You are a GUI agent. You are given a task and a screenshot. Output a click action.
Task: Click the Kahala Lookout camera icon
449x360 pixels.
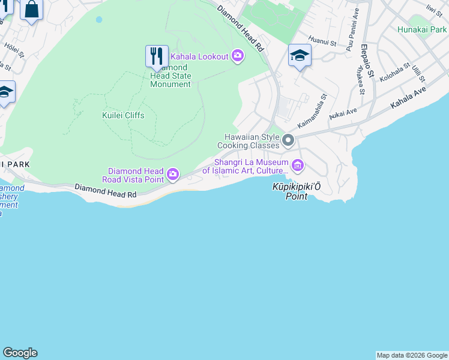(x=238, y=56)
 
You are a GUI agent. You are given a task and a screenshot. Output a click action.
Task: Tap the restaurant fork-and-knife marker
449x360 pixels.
(x=157, y=56)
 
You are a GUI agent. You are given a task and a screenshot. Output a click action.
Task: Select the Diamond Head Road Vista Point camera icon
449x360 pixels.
(x=173, y=175)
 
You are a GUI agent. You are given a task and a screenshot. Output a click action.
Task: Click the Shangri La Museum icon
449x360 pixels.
(x=297, y=165)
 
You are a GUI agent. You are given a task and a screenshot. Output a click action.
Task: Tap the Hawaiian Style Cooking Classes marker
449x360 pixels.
(x=288, y=141)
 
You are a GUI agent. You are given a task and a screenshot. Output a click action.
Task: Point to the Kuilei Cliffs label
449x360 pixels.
(x=123, y=115)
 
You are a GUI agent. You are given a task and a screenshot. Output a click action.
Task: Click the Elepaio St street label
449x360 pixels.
(x=367, y=61)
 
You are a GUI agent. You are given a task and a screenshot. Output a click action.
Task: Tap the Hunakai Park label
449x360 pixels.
(x=422, y=29)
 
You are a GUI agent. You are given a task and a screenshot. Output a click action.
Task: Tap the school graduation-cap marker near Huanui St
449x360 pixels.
(x=300, y=56)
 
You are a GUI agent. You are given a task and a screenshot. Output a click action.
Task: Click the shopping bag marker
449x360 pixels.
(x=31, y=10)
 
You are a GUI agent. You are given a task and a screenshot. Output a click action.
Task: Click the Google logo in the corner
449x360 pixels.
(x=20, y=353)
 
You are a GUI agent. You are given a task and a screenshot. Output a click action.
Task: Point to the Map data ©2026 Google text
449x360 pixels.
(x=412, y=355)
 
